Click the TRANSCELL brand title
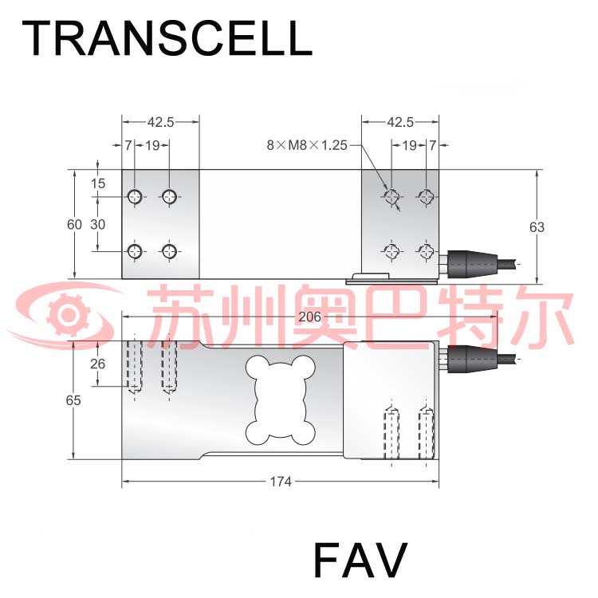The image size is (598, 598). (x=167, y=38)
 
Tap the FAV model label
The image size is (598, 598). (x=360, y=560)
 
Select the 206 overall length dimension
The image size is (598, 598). (x=309, y=317)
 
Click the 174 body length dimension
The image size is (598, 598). (x=281, y=482)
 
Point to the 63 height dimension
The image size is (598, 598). (x=537, y=227)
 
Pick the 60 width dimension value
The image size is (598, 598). (x=74, y=225)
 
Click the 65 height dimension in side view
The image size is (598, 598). (x=73, y=400)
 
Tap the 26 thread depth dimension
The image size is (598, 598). (x=97, y=364)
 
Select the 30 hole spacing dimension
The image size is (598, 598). (x=97, y=224)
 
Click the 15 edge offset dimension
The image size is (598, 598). (x=97, y=183)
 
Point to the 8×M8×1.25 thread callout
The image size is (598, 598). (x=307, y=145)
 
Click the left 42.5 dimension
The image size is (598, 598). (x=160, y=122)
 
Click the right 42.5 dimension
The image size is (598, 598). (x=400, y=122)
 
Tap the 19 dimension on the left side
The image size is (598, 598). (x=152, y=145)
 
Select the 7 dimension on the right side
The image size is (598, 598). (x=432, y=145)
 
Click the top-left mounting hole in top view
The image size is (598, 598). (x=135, y=197)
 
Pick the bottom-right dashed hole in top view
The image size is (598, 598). (x=426, y=251)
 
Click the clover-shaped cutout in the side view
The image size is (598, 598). (x=281, y=400)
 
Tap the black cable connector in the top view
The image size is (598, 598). (x=472, y=264)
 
